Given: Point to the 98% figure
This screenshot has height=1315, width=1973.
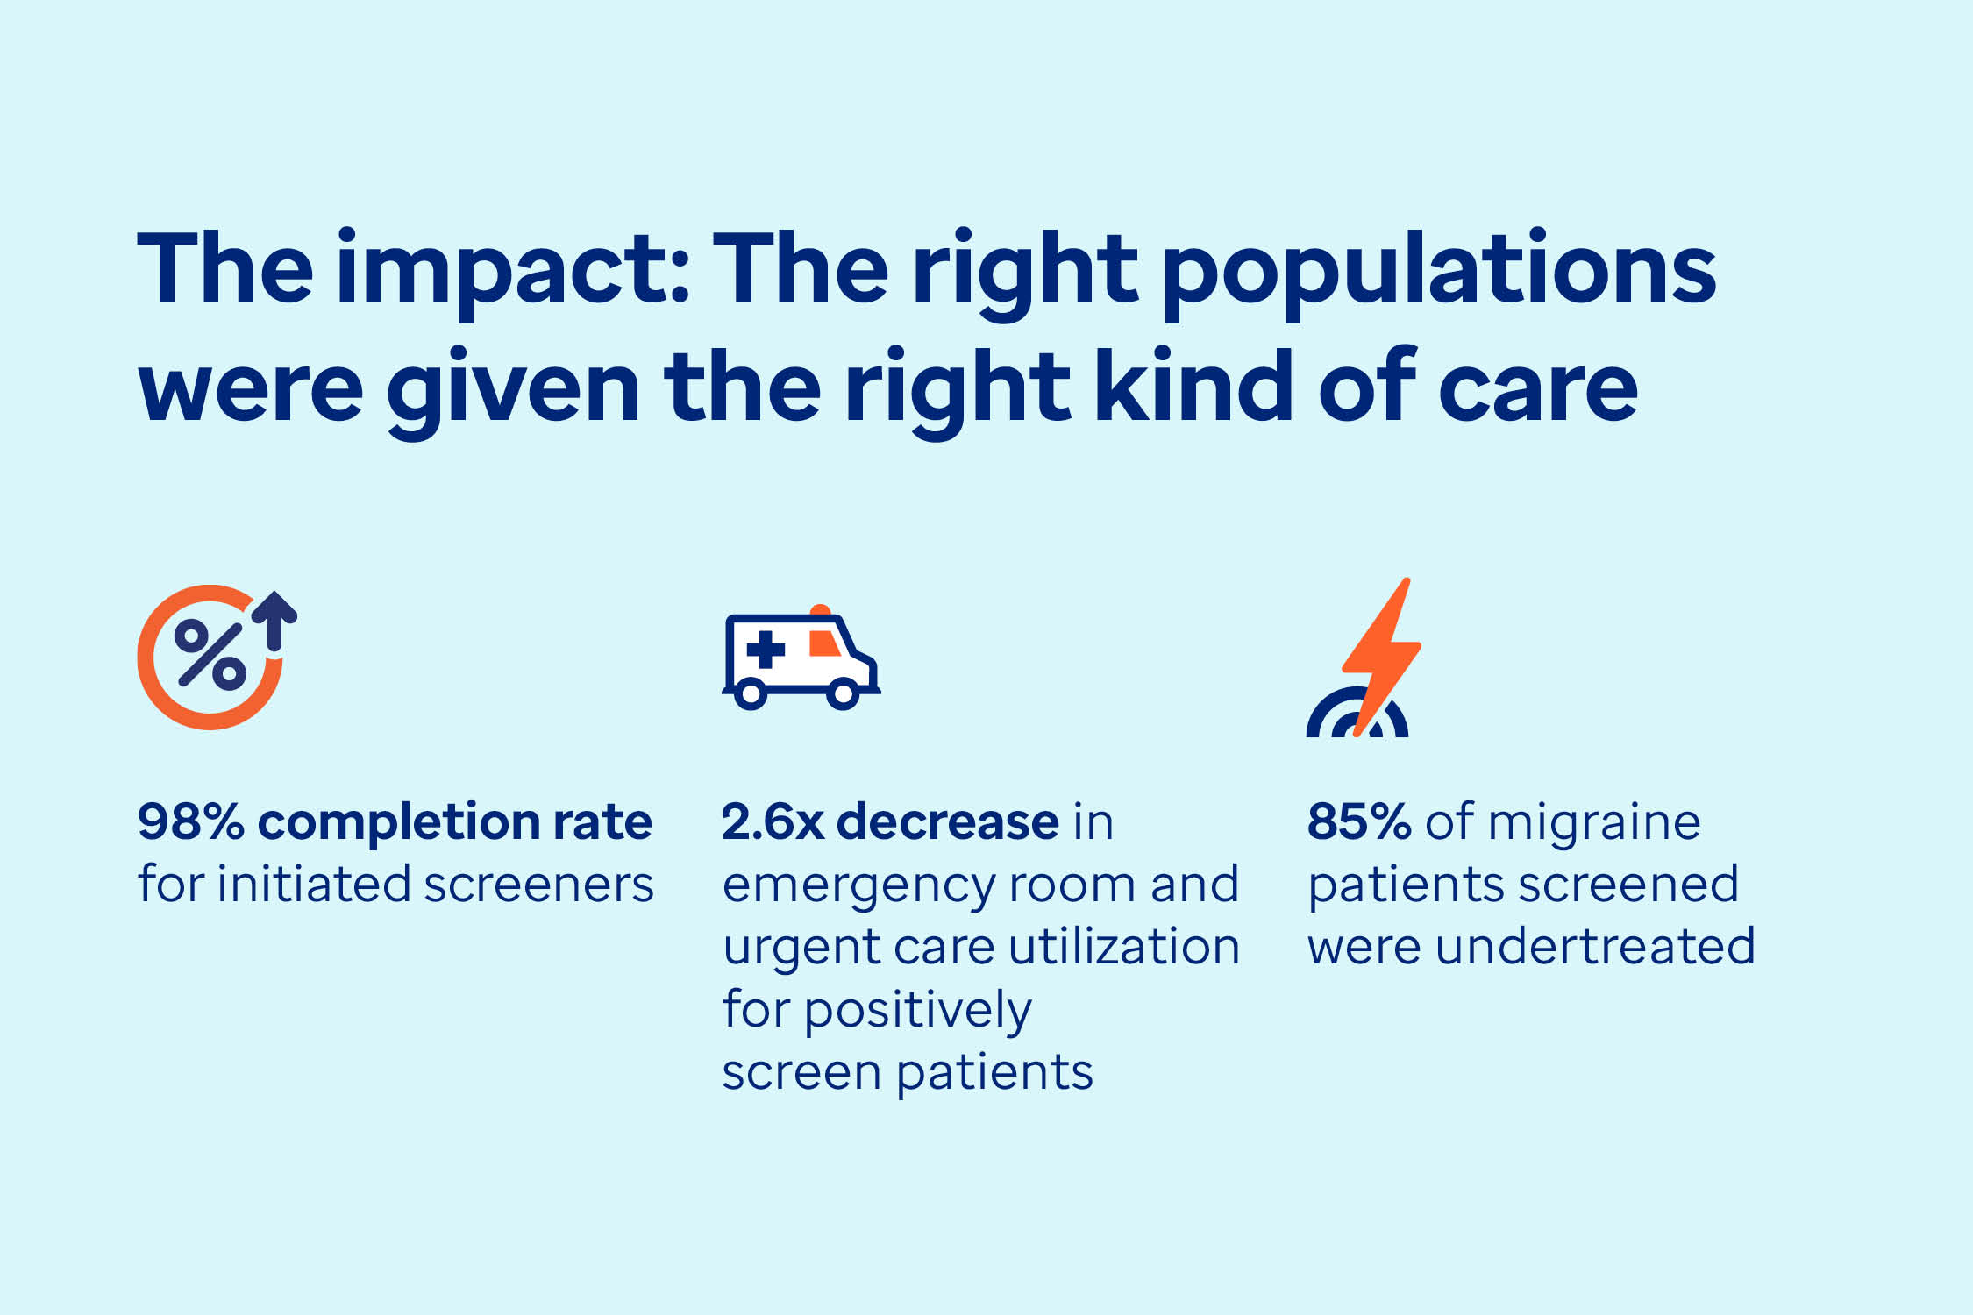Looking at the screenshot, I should click(x=190, y=822).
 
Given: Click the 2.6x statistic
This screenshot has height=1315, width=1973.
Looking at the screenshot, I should click(x=773, y=822).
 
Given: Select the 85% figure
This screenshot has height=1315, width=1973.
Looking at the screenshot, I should click(x=1358, y=822).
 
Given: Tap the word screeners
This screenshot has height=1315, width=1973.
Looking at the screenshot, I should click(x=538, y=885).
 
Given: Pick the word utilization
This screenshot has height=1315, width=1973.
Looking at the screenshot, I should click(x=1124, y=948).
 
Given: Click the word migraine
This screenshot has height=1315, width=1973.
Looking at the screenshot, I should click(x=1593, y=822).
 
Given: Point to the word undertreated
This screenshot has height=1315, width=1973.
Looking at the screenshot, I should click(x=1594, y=948).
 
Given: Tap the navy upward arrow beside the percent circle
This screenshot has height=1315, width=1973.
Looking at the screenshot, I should click(x=274, y=619).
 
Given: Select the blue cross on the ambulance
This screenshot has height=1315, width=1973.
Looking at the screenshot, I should click(x=765, y=650).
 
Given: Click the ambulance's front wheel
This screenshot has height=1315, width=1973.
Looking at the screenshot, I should click(x=842, y=693).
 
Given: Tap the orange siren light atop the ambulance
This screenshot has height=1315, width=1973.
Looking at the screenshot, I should click(x=820, y=610).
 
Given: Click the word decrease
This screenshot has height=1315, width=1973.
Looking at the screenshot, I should click(x=947, y=822).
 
